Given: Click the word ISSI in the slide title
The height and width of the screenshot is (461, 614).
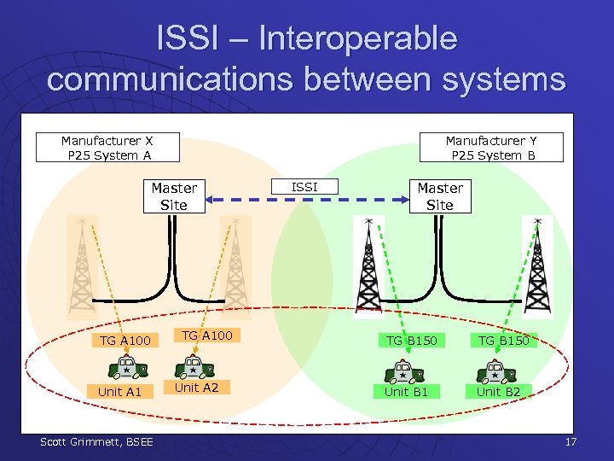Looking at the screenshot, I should click(189, 38).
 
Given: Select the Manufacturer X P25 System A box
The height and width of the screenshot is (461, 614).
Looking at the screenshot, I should click(107, 147).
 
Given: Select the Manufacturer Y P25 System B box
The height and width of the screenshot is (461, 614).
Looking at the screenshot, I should click(492, 147).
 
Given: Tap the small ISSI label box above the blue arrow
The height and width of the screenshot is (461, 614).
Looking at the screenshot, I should click(304, 186).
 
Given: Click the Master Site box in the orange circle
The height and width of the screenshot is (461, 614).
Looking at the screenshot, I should click(174, 195).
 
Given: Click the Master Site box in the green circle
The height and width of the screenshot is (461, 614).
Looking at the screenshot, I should click(440, 195).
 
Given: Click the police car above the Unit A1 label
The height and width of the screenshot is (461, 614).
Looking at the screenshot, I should click(125, 367).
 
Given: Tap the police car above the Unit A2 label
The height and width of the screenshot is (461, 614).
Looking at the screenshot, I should click(194, 367).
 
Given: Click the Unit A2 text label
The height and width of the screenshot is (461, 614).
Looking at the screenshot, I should click(196, 388).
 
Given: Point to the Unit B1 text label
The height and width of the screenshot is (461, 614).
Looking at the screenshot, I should click(406, 391).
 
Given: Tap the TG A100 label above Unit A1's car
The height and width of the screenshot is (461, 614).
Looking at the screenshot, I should click(125, 341).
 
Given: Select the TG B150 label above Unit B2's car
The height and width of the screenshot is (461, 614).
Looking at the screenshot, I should click(503, 341).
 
